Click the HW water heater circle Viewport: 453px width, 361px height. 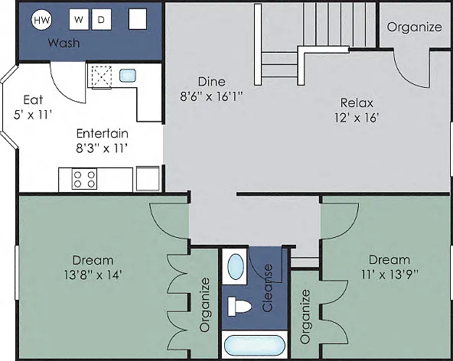[x=41, y=20]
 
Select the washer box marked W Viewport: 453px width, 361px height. [x=79, y=19]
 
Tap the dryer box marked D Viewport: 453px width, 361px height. [x=102, y=19]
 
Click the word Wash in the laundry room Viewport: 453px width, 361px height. [x=64, y=43]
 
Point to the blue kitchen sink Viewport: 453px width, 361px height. [x=128, y=76]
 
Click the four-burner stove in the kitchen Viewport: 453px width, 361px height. [x=84, y=179]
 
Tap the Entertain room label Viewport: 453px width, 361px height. [x=103, y=133]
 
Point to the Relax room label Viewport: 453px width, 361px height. [x=357, y=102]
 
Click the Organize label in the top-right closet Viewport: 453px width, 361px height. [x=415, y=28]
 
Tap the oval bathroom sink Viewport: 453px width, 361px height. [x=236, y=266]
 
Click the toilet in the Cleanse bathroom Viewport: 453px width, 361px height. [x=240, y=307]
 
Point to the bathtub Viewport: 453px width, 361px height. [x=255, y=346]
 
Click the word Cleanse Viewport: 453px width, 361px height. [x=268, y=288]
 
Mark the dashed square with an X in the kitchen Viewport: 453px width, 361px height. [x=102, y=76]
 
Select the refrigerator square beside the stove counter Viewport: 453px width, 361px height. [x=148, y=178]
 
